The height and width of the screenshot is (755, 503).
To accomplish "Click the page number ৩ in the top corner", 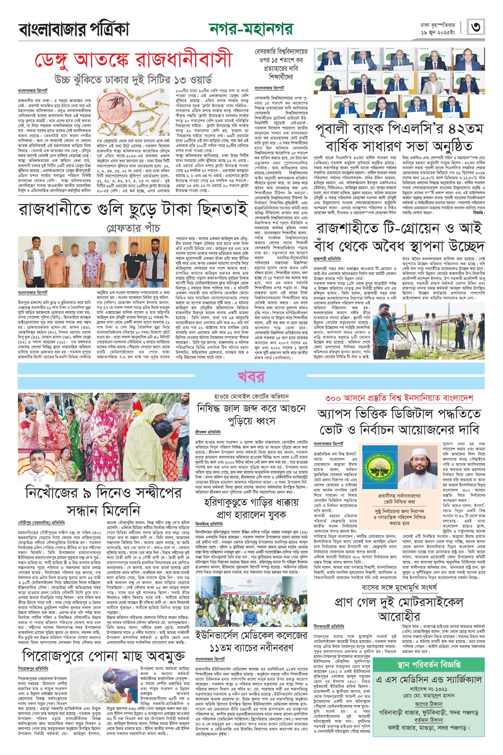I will [476, 27].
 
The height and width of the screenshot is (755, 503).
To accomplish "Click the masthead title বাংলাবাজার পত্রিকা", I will [74, 29].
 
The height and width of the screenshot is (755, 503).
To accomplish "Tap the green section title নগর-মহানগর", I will [251, 29].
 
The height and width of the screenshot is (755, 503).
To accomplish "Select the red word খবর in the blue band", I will [251, 377].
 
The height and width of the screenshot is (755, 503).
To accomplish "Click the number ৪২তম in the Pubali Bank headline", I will [466, 129].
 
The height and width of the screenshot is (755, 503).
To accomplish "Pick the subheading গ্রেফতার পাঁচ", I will [133, 228].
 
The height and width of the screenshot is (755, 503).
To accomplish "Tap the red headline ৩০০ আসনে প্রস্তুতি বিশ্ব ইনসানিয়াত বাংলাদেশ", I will [399, 398].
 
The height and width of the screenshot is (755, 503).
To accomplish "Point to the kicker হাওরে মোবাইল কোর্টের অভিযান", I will [251, 396].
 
